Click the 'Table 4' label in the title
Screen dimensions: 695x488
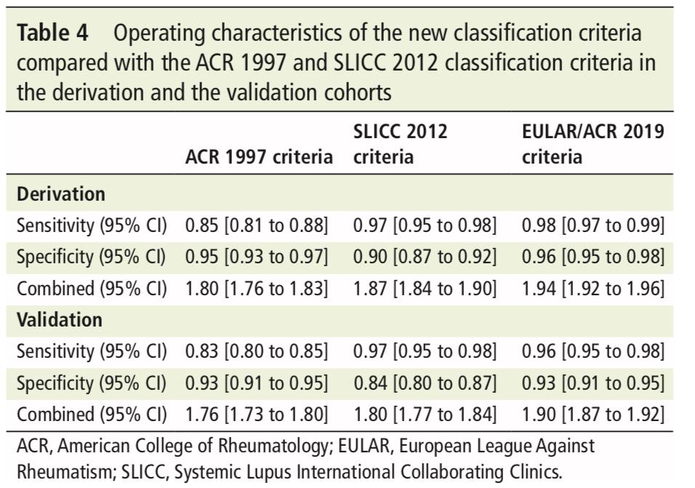[52, 33]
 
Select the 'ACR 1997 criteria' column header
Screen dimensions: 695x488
[259, 157]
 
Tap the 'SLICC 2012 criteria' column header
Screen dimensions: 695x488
[401, 144]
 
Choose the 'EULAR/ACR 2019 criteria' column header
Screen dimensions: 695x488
[593, 144]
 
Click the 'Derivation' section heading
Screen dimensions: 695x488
[61, 194]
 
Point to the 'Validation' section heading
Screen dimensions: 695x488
[60, 319]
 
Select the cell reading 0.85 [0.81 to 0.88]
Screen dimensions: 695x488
[257, 225]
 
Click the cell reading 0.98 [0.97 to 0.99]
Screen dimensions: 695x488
[593, 225]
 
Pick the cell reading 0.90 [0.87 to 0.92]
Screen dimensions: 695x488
[425, 257]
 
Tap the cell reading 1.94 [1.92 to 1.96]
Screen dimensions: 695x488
[593, 289]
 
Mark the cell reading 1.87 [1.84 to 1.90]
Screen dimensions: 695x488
[425, 289]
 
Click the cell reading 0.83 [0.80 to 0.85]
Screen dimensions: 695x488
[257, 351]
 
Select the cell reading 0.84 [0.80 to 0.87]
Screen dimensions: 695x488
[425, 383]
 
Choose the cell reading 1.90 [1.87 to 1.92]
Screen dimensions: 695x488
[593, 415]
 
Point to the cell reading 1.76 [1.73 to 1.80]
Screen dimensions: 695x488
[257, 415]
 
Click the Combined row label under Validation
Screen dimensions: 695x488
[92, 415]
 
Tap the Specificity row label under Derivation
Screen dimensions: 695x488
[91, 257]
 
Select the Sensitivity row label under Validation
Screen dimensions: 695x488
[92, 351]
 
